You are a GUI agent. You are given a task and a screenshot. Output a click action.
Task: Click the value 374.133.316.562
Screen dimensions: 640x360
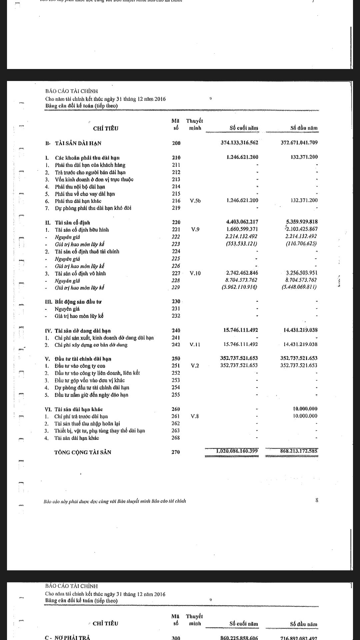(239, 143)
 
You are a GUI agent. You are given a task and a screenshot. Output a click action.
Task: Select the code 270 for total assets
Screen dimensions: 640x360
(176, 452)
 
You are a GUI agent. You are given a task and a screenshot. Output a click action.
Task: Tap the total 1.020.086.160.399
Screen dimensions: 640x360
(237, 451)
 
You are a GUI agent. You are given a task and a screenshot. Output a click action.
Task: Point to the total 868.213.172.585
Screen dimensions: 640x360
(299, 451)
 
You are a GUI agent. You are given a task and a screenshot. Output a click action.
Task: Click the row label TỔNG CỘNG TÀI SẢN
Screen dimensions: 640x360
(83, 452)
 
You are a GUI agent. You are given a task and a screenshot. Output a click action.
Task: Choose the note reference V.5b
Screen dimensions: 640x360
(195, 201)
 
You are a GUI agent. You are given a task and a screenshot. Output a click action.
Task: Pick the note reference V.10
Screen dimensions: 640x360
(195, 273)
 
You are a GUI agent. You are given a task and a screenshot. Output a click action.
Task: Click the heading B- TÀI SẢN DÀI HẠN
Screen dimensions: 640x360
(73, 143)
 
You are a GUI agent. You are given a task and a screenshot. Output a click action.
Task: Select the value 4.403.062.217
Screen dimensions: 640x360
(242, 222)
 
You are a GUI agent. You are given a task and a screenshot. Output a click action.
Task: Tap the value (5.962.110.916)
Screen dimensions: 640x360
(239, 287)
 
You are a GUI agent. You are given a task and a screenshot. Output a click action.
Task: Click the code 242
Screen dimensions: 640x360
(176, 345)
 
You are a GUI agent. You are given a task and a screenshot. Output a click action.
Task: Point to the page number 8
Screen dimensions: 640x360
(317, 500)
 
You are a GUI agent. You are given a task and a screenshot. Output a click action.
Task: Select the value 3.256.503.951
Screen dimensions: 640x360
(299, 273)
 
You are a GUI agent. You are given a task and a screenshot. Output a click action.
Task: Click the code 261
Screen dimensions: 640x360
(176, 416)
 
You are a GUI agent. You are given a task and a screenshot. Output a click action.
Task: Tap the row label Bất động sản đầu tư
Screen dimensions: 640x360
(78, 302)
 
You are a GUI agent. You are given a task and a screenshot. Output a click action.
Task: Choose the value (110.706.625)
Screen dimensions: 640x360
(301, 244)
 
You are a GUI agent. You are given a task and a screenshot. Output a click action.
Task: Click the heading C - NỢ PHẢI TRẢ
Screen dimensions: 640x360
(67, 637)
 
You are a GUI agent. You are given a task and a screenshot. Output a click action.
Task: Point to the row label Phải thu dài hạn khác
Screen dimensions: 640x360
(78, 201)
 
